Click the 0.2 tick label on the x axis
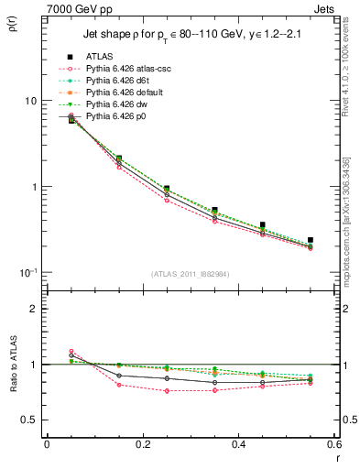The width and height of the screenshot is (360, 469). (142, 444)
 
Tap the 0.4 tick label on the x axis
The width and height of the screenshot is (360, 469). (238, 444)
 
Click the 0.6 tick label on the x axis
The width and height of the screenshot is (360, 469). (333, 444)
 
